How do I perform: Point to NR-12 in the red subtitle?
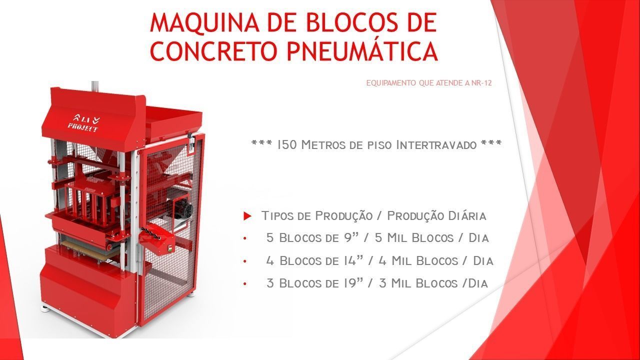pyautogui.click(x=481, y=83)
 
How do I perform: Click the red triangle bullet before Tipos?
pyautogui.click(x=247, y=216)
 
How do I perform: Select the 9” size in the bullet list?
pyautogui.click(x=350, y=238)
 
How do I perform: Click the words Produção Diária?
pyautogui.click(x=436, y=216)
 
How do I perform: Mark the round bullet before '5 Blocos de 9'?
pyautogui.click(x=245, y=239)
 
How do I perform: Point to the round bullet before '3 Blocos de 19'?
pyautogui.click(x=245, y=284)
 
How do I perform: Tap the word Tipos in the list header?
pyautogui.click(x=277, y=216)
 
